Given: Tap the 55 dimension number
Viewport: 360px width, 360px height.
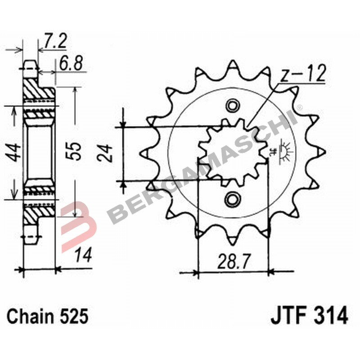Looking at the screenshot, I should coord(75,151).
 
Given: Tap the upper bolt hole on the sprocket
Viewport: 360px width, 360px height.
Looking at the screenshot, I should coord(233,106).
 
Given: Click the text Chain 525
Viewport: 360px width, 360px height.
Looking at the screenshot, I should coord(47,316).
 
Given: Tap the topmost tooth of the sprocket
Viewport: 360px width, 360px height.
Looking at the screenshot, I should coord(233,65).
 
